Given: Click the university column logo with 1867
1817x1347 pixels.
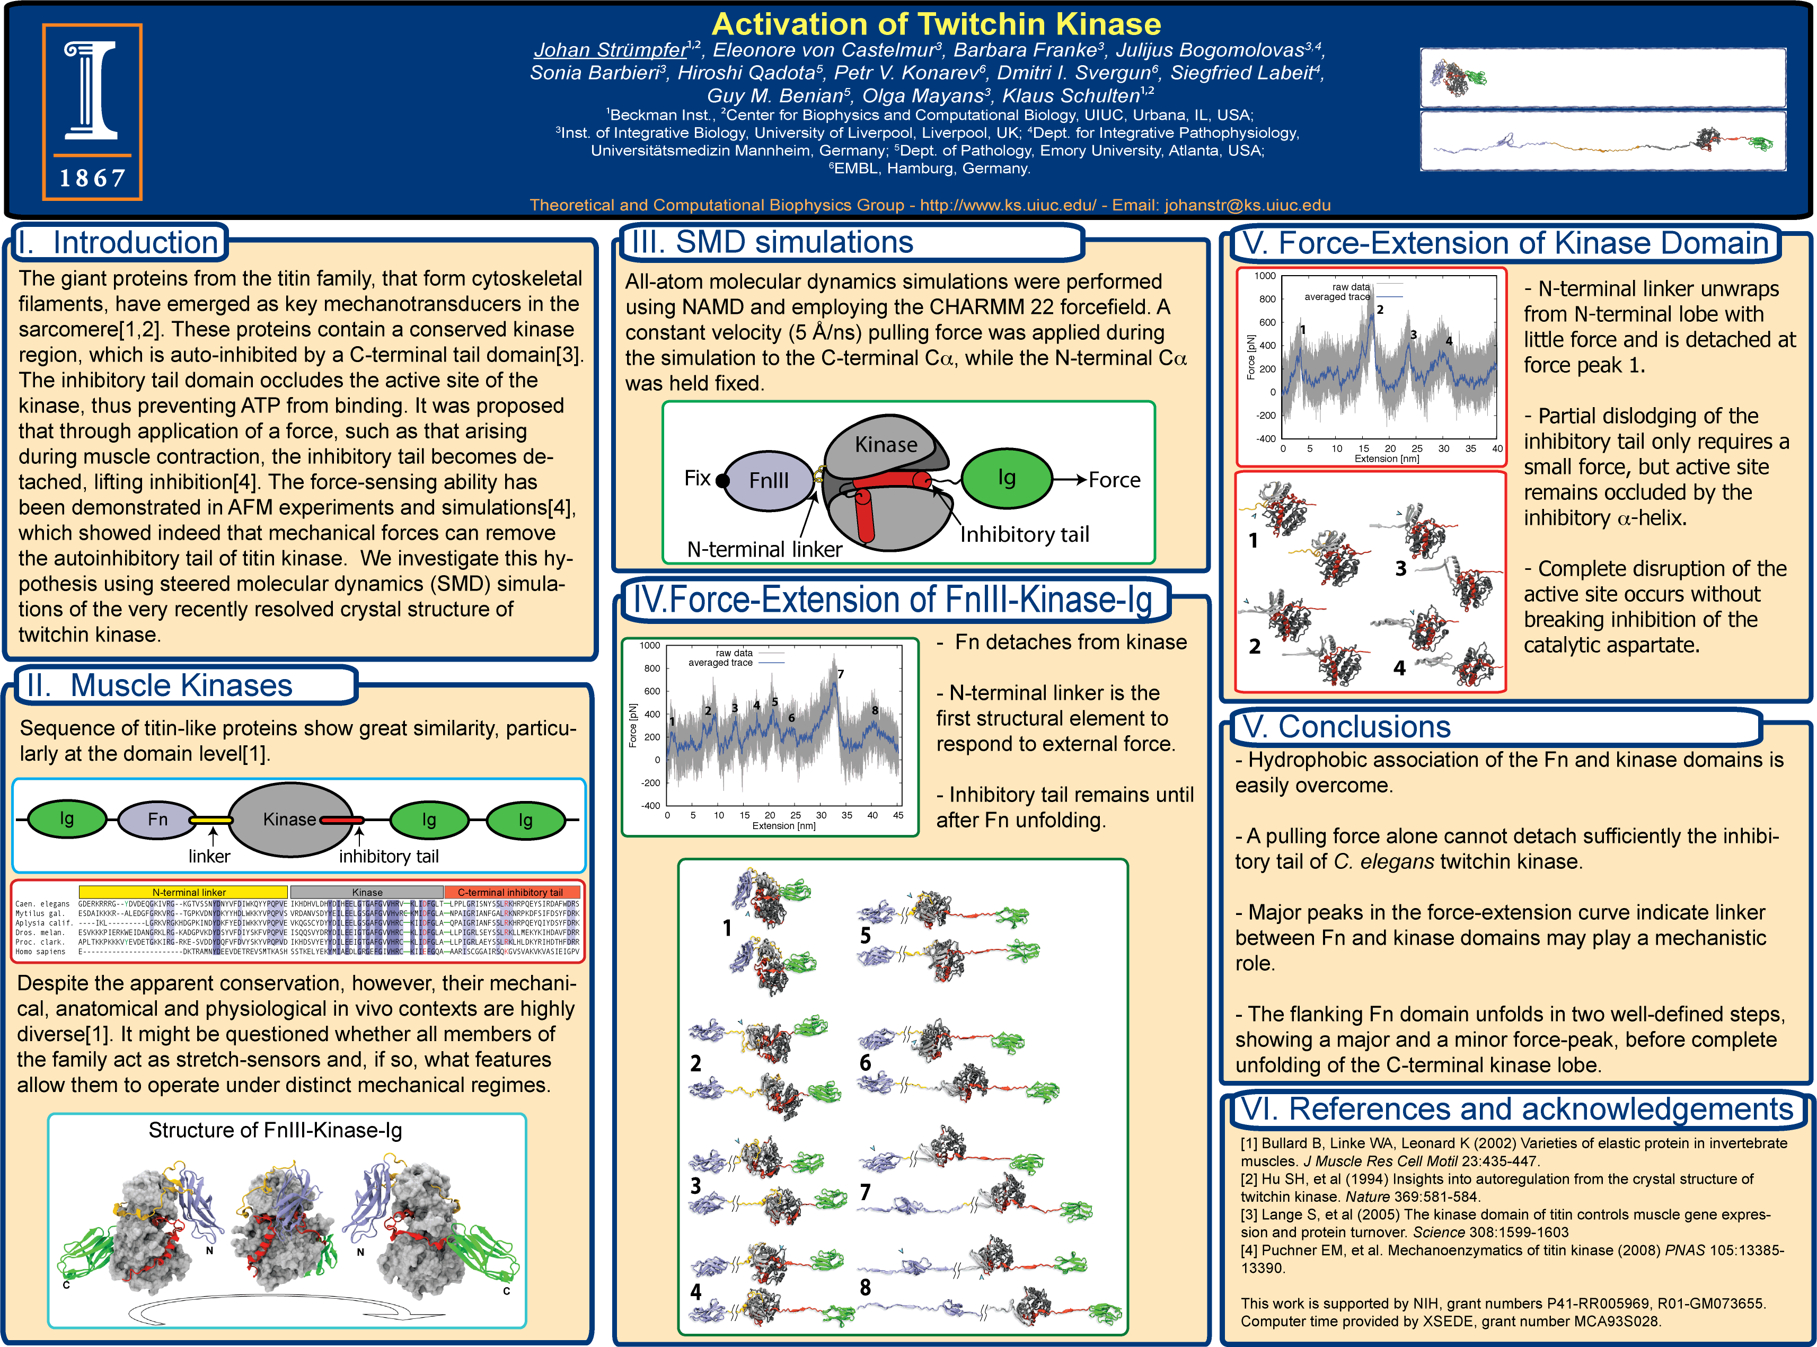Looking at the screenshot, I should (x=92, y=112).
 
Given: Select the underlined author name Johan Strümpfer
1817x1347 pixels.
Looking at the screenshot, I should (x=610, y=50).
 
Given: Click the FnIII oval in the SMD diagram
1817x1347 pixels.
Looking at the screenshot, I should (x=769, y=480).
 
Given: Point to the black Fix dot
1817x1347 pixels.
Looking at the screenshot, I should (x=722, y=480).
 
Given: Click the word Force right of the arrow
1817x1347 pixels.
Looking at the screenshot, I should (x=1114, y=480).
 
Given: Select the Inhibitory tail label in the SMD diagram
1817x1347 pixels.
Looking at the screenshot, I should (x=1025, y=535).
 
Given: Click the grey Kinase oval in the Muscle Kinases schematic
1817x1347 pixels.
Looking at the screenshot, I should (x=289, y=820).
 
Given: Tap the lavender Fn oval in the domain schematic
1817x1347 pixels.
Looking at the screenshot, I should (x=157, y=820).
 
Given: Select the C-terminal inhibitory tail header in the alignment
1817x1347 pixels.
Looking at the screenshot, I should (x=510, y=892).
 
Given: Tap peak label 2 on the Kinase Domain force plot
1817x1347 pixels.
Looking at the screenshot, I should (x=1380, y=310).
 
